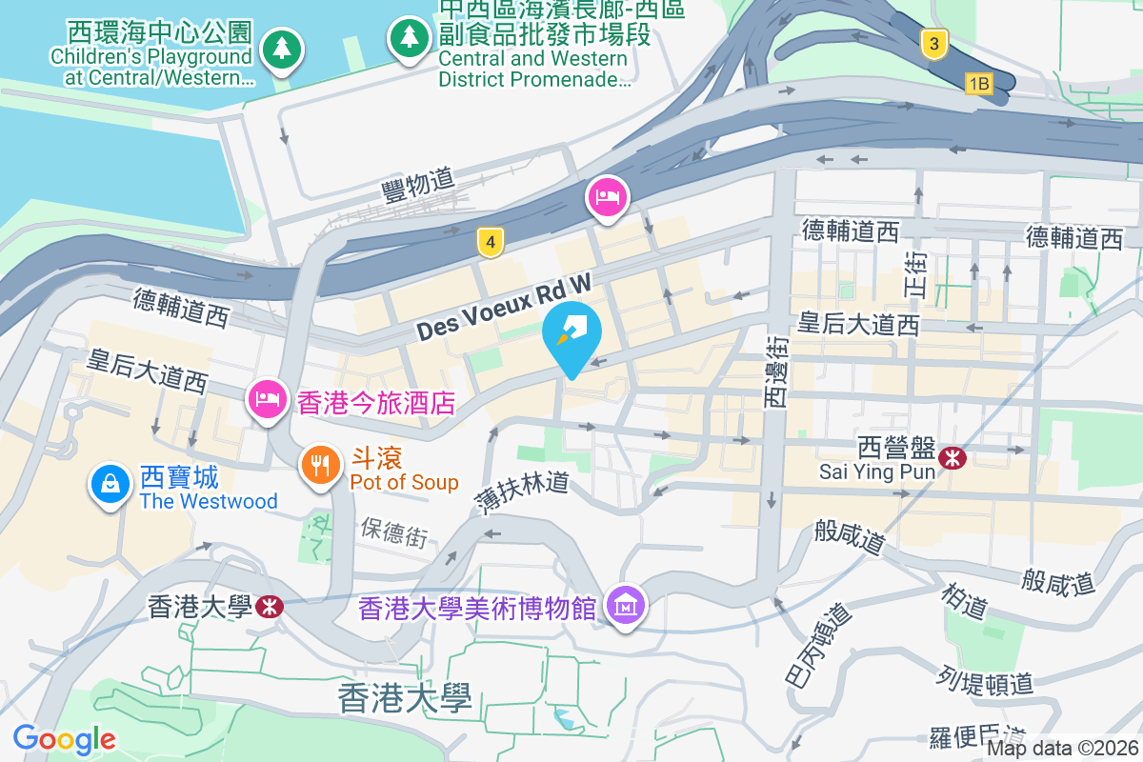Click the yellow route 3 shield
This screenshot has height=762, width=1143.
click(934, 43)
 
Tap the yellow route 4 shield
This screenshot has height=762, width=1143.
click(490, 243)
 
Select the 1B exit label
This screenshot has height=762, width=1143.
click(978, 84)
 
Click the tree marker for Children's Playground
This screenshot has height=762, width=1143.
click(281, 47)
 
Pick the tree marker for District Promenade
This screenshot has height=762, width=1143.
click(410, 38)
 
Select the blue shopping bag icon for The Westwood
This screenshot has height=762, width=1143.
click(111, 483)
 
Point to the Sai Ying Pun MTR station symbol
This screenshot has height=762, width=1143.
click(951, 458)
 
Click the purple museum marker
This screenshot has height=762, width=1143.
click(627, 604)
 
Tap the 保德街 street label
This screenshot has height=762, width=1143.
click(394, 531)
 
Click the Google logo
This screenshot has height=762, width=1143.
click(64, 739)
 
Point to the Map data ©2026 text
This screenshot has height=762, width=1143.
click(1062, 748)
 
